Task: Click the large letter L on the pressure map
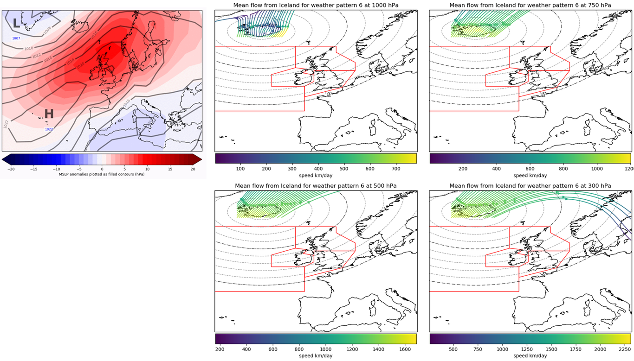click(16, 23)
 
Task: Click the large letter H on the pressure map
click(49, 114)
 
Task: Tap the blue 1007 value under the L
click(16, 38)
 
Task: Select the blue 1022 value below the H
click(49, 129)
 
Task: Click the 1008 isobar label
click(47, 31)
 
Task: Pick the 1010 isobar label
click(29, 48)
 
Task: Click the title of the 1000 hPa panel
click(316, 5)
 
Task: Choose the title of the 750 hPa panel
click(530, 5)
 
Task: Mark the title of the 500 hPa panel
click(316, 186)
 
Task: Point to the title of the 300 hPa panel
click(530, 186)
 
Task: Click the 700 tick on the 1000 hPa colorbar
click(396, 169)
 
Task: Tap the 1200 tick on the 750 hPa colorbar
click(628, 169)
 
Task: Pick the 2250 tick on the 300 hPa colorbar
click(623, 350)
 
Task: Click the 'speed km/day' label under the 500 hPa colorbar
click(316, 356)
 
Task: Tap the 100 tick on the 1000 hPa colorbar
click(240, 169)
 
